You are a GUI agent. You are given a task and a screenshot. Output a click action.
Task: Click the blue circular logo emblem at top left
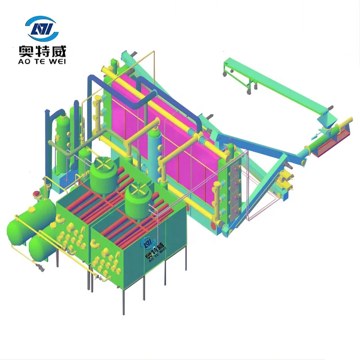click(x=42, y=28)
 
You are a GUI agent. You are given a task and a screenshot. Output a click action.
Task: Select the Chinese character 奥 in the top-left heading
click(x=26, y=51)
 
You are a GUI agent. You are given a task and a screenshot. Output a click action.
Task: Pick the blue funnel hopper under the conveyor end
click(x=327, y=120)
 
